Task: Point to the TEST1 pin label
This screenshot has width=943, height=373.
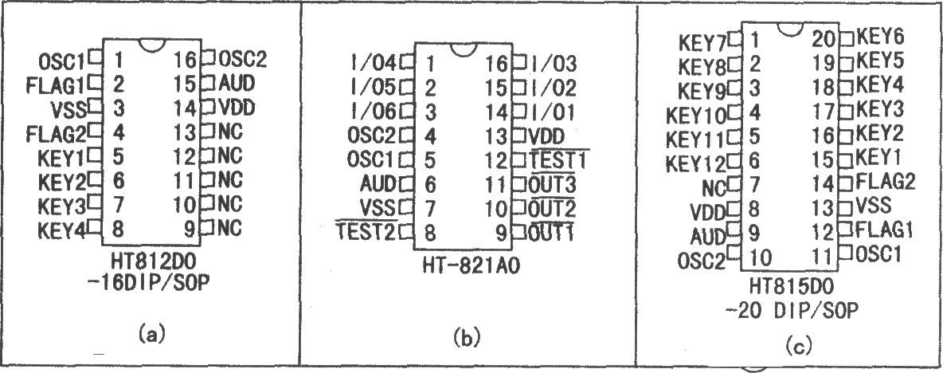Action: [x=558, y=160]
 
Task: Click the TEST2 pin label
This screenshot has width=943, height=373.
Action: [x=366, y=231]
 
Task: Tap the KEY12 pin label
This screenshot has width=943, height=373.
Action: [x=697, y=163]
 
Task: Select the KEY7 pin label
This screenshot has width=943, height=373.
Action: [x=702, y=43]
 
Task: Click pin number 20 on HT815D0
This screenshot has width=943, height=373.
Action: [x=824, y=39]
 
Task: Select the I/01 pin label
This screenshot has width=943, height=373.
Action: [x=552, y=112]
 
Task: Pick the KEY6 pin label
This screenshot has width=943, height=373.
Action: [x=879, y=37]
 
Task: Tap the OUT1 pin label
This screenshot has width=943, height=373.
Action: [x=552, y=231]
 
